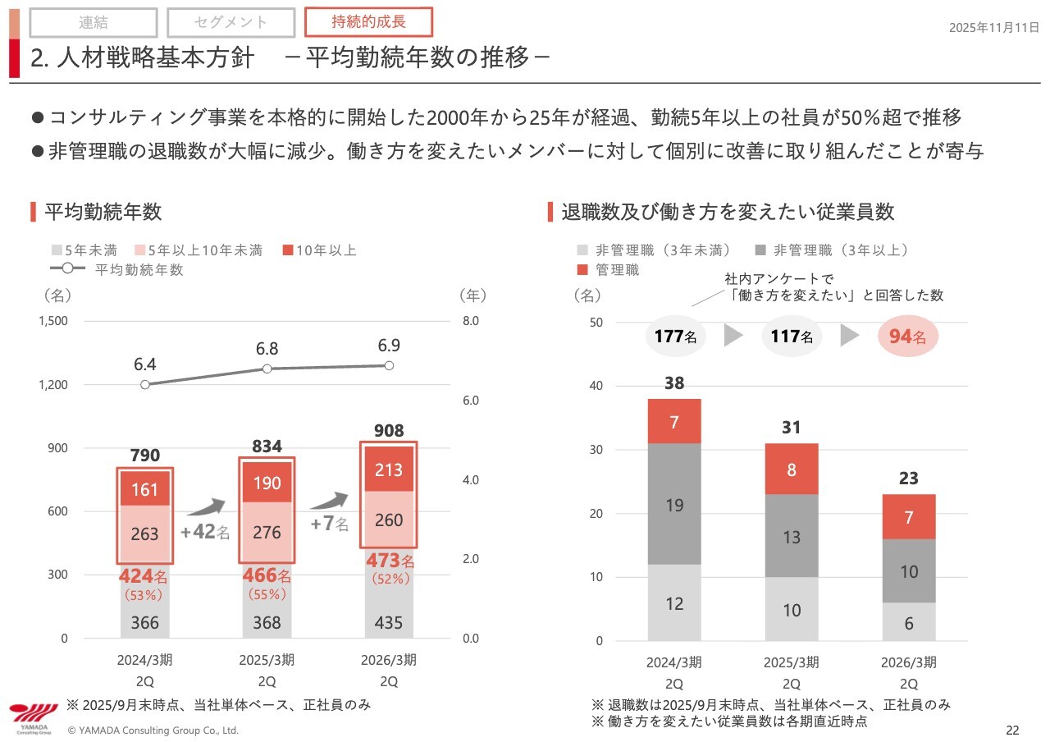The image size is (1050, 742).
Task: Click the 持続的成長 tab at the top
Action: click(368, 21)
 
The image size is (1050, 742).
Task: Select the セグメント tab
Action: click(231, 23)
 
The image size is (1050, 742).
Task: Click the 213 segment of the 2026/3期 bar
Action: click(389, 469)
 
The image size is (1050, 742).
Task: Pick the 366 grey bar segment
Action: click(145, 622)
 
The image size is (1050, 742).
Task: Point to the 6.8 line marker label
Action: click(267, 349)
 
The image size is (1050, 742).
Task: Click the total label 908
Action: click(389, 431)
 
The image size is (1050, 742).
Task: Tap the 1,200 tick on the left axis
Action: click(53, 384)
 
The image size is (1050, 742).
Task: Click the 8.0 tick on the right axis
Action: click(470, 321)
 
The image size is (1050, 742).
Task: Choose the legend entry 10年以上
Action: click(319, 250)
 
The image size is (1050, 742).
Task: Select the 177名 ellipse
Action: click(675, 336)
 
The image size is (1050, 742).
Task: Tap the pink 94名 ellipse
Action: click(908, 336)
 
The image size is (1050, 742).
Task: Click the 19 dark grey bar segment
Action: click(674, 505)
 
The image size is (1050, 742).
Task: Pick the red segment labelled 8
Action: click(792, 469)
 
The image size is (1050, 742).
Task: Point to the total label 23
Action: click(909, 479)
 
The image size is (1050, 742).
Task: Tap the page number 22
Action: click(1012, 731)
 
